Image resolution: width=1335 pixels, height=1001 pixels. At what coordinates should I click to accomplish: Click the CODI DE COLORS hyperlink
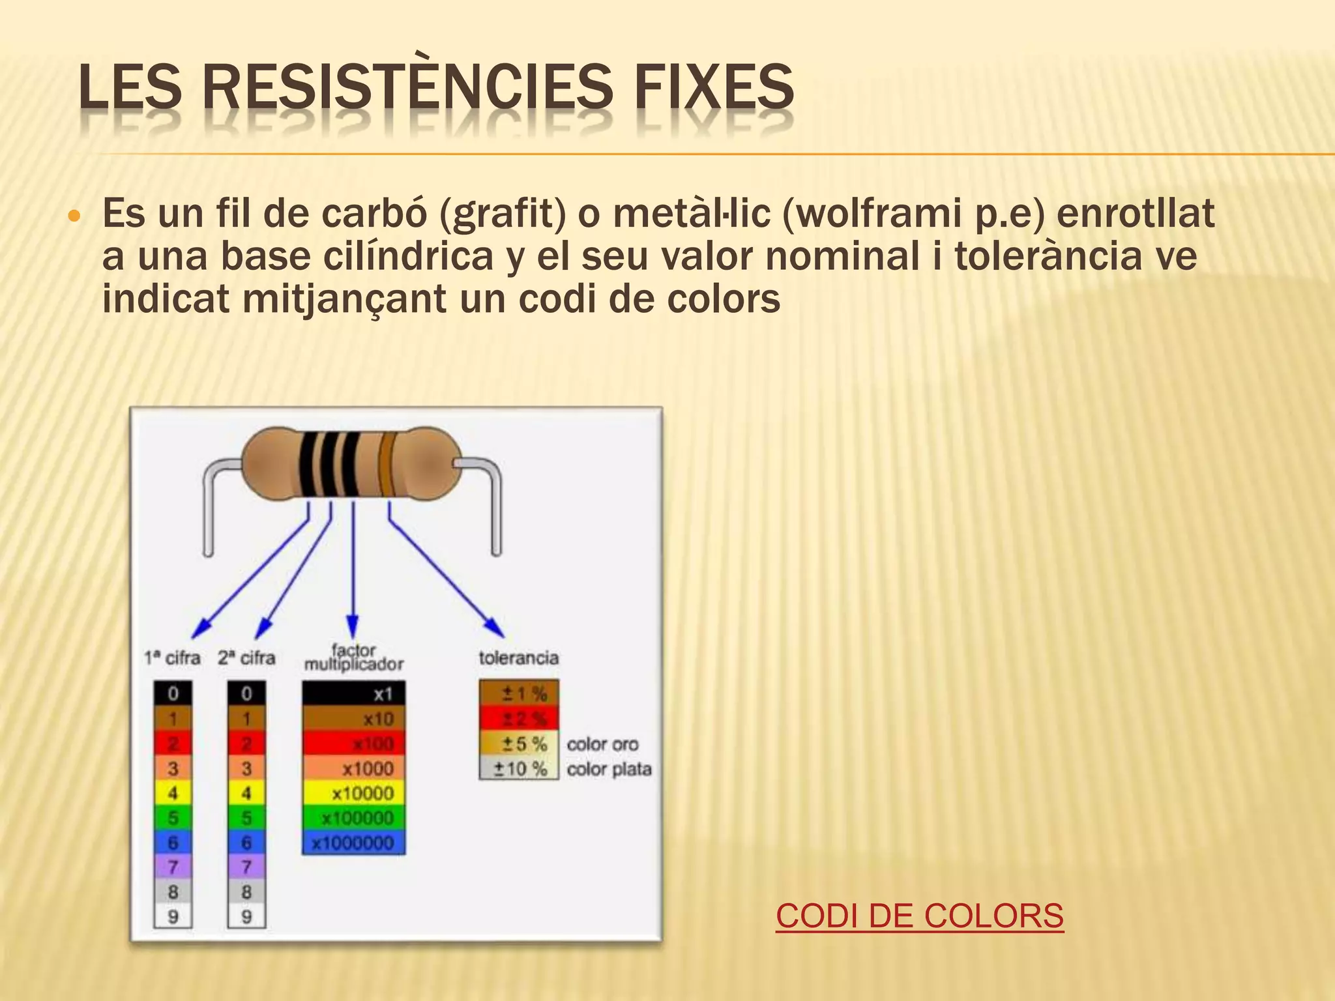(x=919, y=916)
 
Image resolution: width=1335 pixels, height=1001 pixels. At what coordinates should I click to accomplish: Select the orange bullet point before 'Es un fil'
(x=74, y=216)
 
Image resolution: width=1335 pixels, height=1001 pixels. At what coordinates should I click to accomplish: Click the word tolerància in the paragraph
(x=1048, y=256)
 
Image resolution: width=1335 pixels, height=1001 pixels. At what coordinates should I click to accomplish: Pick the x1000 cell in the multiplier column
(x=353, y=768)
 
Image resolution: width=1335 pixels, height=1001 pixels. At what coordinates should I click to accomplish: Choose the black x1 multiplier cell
(x=353, y=693)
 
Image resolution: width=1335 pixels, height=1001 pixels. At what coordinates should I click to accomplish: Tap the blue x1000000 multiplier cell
(x=353, y=843)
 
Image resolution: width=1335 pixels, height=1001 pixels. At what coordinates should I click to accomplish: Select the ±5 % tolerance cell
(x=519, y=744)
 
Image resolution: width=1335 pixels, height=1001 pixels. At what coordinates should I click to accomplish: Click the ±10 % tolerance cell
(x=519, y=769)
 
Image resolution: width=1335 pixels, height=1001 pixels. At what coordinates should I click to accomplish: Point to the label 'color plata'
(x=609, y=769)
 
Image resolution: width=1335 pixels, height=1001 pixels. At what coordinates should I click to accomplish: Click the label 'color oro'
(x=602, y=744)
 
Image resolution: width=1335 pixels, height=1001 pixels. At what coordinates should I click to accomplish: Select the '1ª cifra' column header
(x=172, y=658)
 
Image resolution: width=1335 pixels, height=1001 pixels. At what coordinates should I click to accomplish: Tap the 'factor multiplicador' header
(x=353, y=657)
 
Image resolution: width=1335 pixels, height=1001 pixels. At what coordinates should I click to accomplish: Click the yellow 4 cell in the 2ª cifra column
(x=246, y=793)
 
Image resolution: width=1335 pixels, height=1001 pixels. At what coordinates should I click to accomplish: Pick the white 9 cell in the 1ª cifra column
(x=173, y=917)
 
